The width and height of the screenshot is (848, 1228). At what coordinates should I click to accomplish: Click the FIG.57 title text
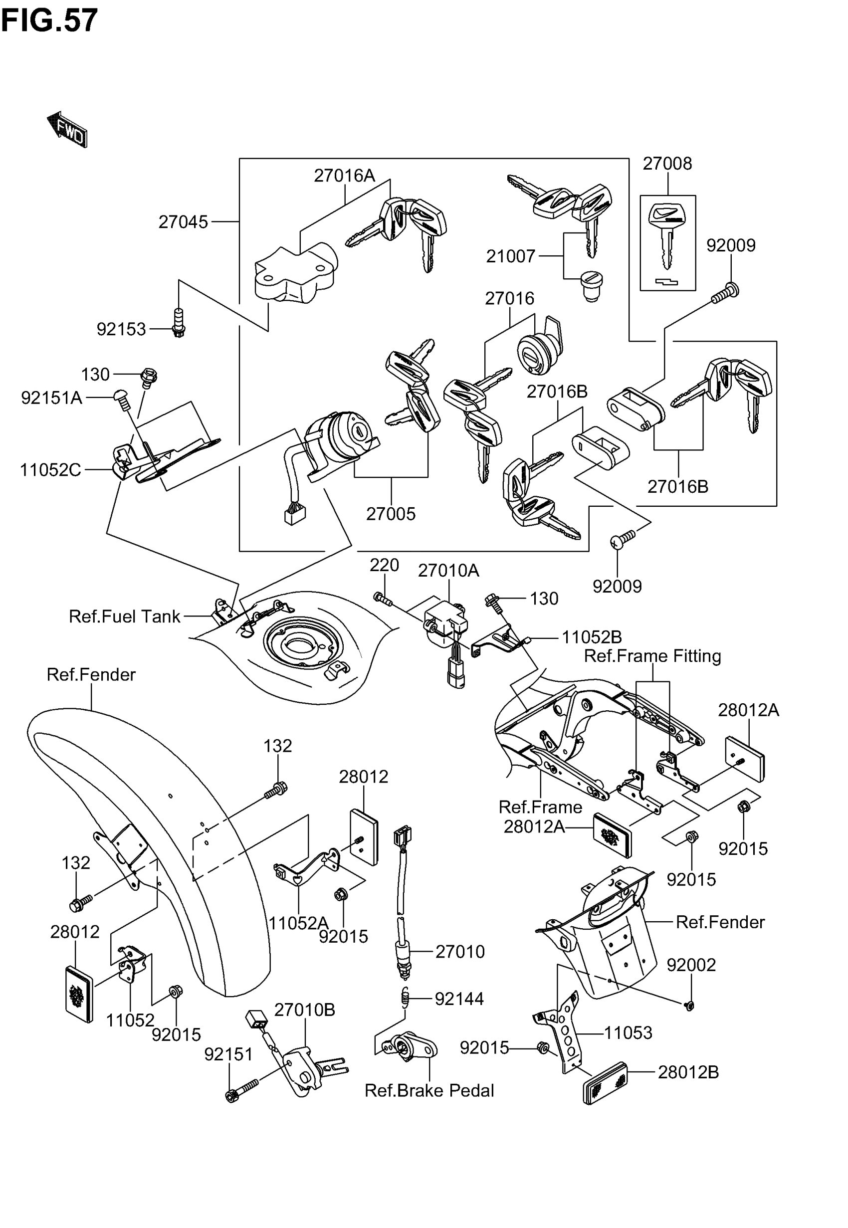tap(49, 20)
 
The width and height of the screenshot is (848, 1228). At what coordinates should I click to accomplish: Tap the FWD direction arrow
tap(67, 129)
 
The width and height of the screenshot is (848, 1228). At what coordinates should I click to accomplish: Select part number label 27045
tap(183, 222)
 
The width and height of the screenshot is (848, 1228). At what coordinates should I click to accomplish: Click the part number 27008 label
tap(667, 164)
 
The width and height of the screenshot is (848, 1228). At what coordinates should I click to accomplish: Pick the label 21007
tap(511, 256)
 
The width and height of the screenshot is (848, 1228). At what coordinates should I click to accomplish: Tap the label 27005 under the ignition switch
tap(391, 514)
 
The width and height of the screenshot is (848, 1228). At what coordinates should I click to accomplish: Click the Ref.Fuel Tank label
tap(125, 616)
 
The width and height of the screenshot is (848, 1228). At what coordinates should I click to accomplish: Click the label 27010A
tap(448, 571)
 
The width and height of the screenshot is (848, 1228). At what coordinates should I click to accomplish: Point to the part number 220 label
tap(384, 565)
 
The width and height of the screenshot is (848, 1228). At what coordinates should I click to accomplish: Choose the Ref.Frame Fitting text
tap(652, 656)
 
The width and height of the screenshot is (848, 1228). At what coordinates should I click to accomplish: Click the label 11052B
tap(592, 637)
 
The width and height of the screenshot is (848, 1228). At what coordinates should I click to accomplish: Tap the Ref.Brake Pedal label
tap(429, 1090)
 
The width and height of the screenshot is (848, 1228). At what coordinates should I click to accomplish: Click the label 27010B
tap(304, 1010)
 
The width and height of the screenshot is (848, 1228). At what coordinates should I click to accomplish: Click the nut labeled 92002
tap(689, 1006)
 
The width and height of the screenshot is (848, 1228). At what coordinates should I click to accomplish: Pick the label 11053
tap(628, 1033)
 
